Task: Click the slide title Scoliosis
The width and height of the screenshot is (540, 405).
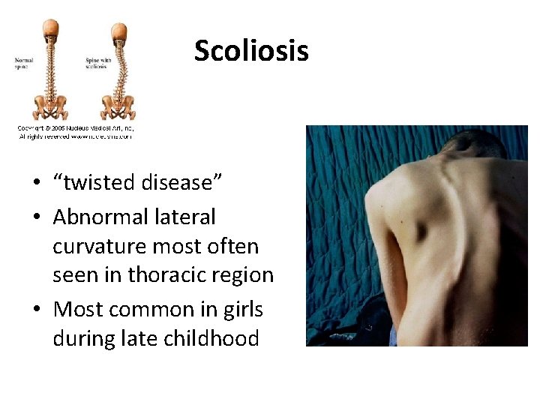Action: (x=251, y=51)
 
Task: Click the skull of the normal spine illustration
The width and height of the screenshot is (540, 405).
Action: (x=49, y=30)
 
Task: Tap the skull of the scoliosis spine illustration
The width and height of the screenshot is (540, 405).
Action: (x=118, y=32)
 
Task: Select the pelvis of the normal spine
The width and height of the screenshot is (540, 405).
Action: (x=49, y=106)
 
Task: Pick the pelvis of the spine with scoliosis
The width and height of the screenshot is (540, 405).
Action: (x=118, y=106)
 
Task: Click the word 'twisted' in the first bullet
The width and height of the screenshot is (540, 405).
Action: (x=94, y=183)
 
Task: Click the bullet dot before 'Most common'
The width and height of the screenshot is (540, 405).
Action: (x=36, y=310)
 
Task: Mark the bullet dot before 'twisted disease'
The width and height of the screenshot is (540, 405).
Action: (x=36, y=184)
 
